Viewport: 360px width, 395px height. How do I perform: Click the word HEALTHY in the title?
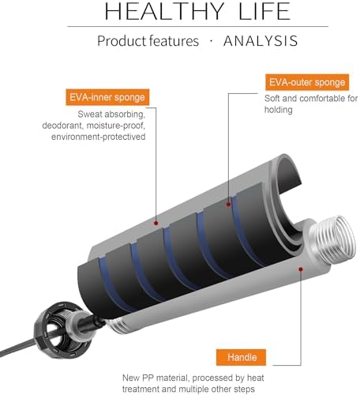[164, 11]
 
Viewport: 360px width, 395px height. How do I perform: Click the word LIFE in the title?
[264, 11]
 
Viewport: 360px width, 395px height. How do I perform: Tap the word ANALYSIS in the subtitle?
[261, 41]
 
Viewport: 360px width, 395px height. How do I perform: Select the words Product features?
[148, 41]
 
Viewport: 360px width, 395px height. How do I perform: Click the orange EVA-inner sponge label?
[107, 97]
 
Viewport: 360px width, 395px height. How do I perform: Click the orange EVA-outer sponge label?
[307, 82]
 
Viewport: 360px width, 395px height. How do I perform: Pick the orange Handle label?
[241, 357]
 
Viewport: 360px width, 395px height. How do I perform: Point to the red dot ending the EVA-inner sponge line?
[156, 223]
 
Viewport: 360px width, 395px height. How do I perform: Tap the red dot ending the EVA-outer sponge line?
[228, 205]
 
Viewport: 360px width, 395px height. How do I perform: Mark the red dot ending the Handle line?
[301, 269]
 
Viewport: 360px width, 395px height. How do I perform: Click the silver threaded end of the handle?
[333, 239]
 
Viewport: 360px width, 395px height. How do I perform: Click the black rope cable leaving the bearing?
[18, 348]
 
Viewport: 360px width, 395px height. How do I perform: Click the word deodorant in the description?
[63, 126]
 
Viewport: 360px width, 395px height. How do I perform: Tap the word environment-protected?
[99, 137]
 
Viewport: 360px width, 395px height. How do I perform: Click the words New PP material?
[155, 378]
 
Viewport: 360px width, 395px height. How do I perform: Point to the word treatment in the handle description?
[141, 389]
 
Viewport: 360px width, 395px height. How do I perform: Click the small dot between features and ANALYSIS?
[211, 41]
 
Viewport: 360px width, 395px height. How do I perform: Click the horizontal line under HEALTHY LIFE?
[197, 26]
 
